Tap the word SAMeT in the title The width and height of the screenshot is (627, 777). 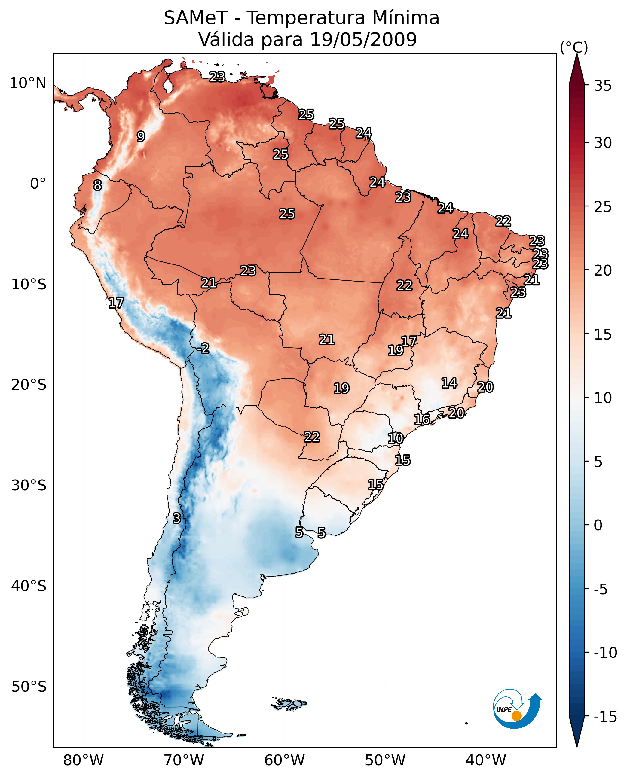[x=196, y=18]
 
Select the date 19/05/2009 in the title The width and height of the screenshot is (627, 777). [x=363, y=40]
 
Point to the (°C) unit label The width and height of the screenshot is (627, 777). [x=574, y=47]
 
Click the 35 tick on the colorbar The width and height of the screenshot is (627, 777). [x=603, y=86]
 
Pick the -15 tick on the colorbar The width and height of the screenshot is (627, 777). [x=605, y=717]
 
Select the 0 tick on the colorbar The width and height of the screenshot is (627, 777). [x=598, y=525]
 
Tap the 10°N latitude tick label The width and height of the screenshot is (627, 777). [x=28, y=84]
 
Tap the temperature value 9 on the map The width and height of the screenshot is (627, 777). [x=141, y=136]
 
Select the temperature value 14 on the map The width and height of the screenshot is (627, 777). [x=449, y=383]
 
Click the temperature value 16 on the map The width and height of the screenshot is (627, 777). [x=422, y=419]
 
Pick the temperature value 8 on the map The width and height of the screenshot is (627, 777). [x=97, y=186]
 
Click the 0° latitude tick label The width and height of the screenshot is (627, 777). [x=38, y=184]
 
